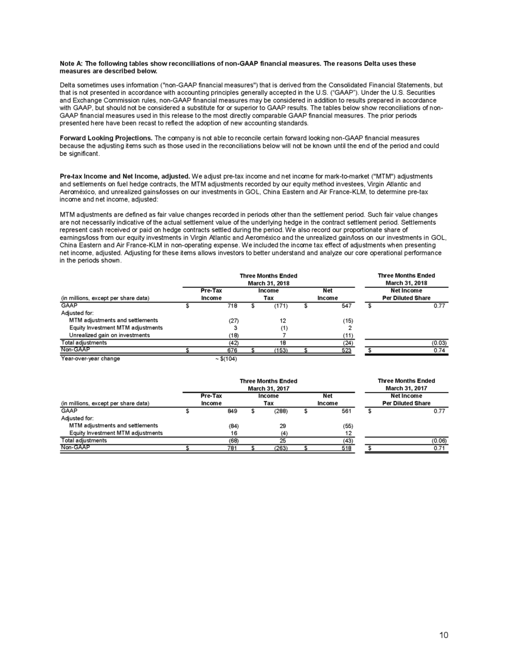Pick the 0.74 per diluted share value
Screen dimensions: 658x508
click(x=440, y=351)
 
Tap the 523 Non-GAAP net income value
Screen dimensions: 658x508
click(x=347, y=351)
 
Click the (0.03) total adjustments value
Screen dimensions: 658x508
click(x=438, y=343)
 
